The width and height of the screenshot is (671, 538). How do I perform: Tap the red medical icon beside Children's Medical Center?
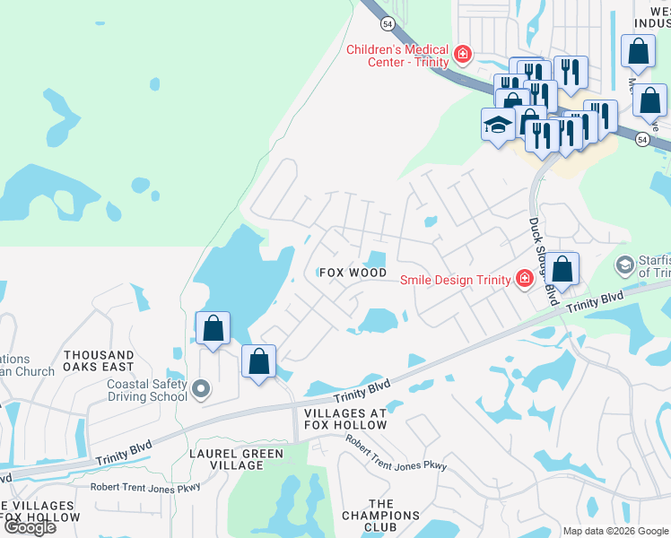463,55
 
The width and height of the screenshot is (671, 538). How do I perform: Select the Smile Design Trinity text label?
455,279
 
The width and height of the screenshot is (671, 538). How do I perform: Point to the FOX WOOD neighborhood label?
354,273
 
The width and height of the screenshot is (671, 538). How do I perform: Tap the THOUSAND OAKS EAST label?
99,360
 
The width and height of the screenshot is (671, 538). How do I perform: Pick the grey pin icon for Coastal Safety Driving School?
201,389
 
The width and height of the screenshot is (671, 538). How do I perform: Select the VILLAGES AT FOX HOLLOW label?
345,420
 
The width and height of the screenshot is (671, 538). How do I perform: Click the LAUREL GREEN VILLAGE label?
237,460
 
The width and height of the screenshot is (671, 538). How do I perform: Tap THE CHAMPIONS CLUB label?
393,516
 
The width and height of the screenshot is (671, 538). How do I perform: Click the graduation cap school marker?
497,125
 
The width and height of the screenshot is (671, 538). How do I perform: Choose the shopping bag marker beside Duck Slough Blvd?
562,269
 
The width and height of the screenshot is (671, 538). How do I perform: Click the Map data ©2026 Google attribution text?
615,531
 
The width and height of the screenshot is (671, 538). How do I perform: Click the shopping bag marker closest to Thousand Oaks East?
213,328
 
